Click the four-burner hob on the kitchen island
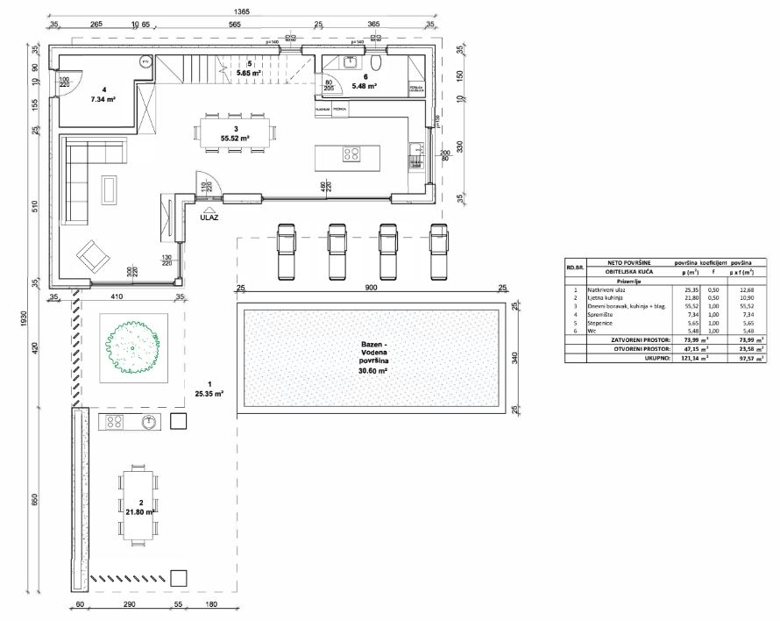(x=352, y=154)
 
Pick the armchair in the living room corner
(x=93, y=256)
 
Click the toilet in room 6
(x=377, y=63)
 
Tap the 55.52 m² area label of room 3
(x=234, y=139)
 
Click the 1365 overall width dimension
(x=243, y=11)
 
